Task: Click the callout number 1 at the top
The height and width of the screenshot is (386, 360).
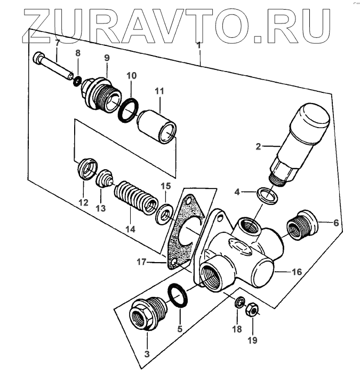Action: coord(199,46)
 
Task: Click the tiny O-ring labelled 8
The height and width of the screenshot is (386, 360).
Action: coord(77,81)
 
